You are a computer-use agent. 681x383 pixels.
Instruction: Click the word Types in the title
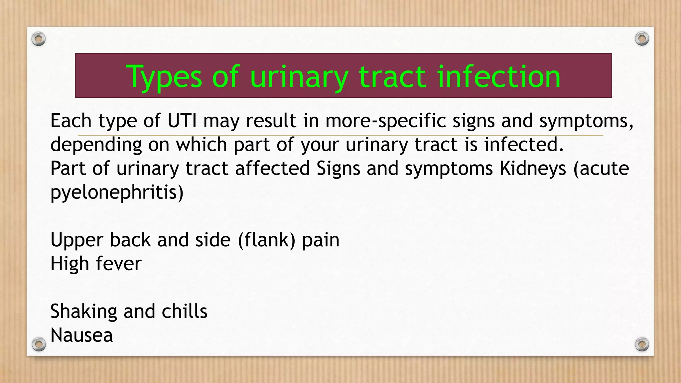point(164,77)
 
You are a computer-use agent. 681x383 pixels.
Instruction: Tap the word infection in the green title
point(499,77)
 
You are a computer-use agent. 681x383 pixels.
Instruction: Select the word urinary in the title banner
point(299,77)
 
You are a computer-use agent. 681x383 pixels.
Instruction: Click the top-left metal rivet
point(39,39)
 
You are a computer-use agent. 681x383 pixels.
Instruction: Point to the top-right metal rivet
point(642,39)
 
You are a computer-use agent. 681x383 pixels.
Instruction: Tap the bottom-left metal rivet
point(39,344)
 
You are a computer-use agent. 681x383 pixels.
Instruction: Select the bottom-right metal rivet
point(642,344)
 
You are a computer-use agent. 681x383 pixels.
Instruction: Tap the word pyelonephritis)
point(117,192)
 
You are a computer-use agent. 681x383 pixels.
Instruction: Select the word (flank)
point(267,240)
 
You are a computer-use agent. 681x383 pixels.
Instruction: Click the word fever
point(119,264)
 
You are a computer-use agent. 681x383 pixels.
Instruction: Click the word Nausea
point(82,335)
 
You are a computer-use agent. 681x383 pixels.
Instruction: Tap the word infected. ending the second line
point(524,145)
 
